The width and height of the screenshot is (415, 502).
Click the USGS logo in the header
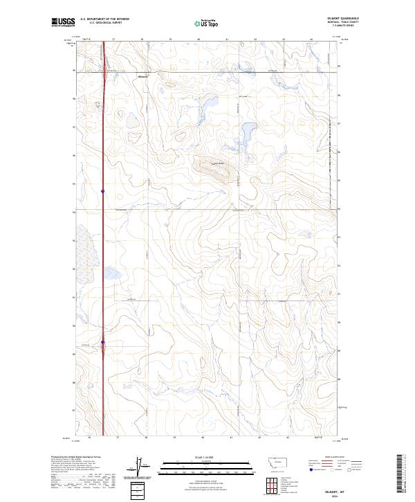pos(63,22)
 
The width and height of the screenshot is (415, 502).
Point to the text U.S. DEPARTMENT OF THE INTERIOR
pos(104,19)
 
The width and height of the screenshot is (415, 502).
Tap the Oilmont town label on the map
pos(143,76)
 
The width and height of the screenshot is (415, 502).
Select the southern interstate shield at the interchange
pos(103,342)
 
